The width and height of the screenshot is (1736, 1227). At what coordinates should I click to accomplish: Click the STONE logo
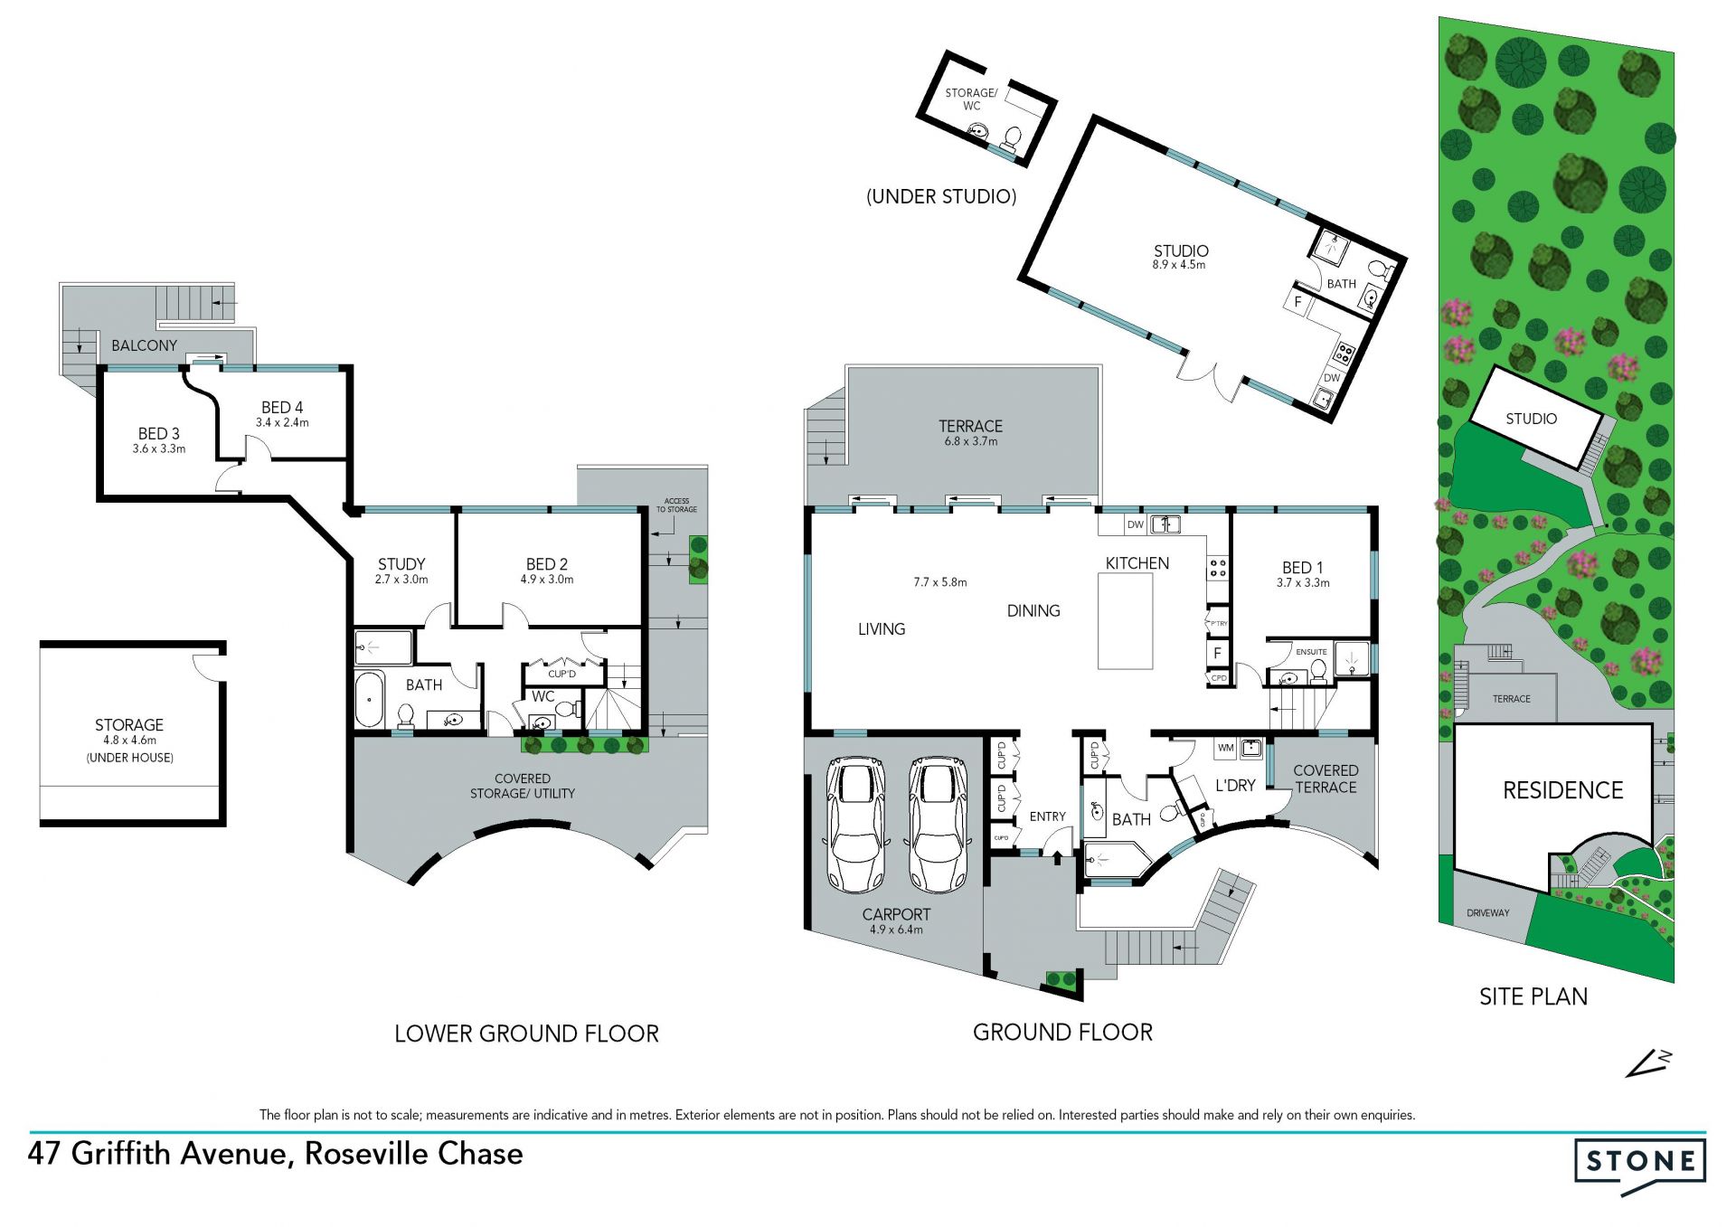tap(1640, 1166)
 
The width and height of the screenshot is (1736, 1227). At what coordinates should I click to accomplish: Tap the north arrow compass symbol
tap(1648, 1063)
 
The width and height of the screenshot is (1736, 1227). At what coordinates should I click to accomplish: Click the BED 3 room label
tap(159, 433)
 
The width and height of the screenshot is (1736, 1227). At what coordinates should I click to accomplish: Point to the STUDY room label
tap(401, 563)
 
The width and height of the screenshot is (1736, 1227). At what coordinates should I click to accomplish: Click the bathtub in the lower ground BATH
tap(370, 698)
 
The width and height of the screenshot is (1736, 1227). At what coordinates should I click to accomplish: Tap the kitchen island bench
tap(1125, 620)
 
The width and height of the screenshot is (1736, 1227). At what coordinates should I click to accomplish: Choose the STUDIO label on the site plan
tap(1531, 419)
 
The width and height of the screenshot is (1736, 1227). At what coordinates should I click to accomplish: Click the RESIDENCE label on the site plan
tap(1562, 790)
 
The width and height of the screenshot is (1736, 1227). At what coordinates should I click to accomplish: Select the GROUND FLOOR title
tap(1062, 1032)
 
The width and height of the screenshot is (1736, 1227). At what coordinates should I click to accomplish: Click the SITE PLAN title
tap(1533, 996)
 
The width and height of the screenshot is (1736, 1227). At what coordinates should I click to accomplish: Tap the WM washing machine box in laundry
tap(1226, 748)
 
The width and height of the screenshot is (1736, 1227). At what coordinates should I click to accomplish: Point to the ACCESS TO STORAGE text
tap(676, 505)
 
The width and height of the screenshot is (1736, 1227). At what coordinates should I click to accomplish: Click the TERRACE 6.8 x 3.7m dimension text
tap(971, 441)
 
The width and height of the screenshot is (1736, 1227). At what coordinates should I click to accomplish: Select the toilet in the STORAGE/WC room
tap(1011, 137)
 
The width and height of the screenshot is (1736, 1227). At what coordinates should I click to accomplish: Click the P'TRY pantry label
tap(1219, 624)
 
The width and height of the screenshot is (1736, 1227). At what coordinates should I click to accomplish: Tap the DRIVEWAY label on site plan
tap(1488, 913)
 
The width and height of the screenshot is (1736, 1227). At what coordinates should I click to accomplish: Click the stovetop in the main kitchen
tap(1218, 568)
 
